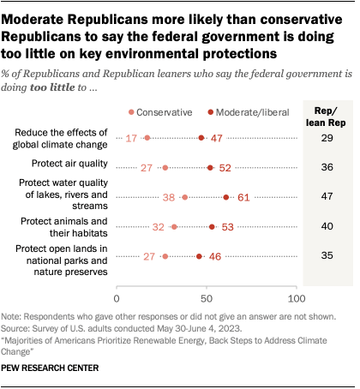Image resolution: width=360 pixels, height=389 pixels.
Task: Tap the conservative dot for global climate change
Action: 147,138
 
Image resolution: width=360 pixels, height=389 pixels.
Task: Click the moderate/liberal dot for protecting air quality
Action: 210,168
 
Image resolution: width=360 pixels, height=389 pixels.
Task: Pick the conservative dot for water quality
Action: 184,197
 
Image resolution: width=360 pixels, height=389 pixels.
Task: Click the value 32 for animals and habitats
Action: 158,227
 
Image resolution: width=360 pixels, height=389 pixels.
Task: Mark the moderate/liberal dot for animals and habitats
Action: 212,227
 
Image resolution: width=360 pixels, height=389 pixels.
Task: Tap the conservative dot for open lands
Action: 165,256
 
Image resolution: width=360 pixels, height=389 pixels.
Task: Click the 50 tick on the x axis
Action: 207,298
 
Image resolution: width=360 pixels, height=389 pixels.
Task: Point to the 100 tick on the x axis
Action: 296,298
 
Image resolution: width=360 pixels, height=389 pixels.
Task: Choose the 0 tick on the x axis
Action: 117,298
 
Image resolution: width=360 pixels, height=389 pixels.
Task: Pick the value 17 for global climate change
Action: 132,138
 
